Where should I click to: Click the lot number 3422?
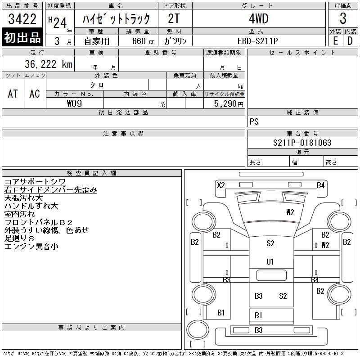point(22,19)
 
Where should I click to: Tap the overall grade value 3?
point(343,19)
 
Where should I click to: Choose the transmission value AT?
point(13,94)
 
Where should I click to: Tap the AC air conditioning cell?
point(35,94)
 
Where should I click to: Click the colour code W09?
point(74,103)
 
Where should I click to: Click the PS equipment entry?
point(254,122)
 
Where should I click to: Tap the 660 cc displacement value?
point(140,41)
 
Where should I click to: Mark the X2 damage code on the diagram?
point(220,185)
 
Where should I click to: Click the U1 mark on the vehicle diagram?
point(270,261)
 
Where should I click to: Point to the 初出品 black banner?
point(22,38)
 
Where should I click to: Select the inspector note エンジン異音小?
point(31,247)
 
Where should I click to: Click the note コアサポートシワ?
point(34,182)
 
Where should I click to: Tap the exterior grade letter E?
point(335,40)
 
